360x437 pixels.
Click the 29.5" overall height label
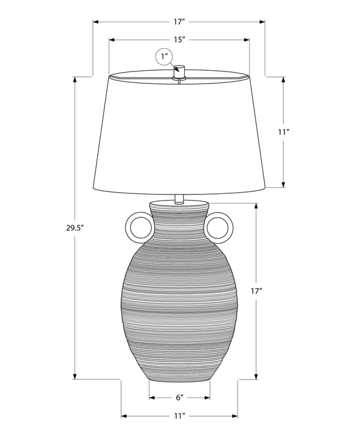pos(74,228)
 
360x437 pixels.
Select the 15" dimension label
pos(178,40)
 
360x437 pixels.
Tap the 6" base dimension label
pos(179,397)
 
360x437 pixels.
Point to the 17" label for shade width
pos(178,22)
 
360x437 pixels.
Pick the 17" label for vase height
pos(257,291)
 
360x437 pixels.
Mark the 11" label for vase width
pos(179,415)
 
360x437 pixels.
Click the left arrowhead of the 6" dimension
pos(151,397)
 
